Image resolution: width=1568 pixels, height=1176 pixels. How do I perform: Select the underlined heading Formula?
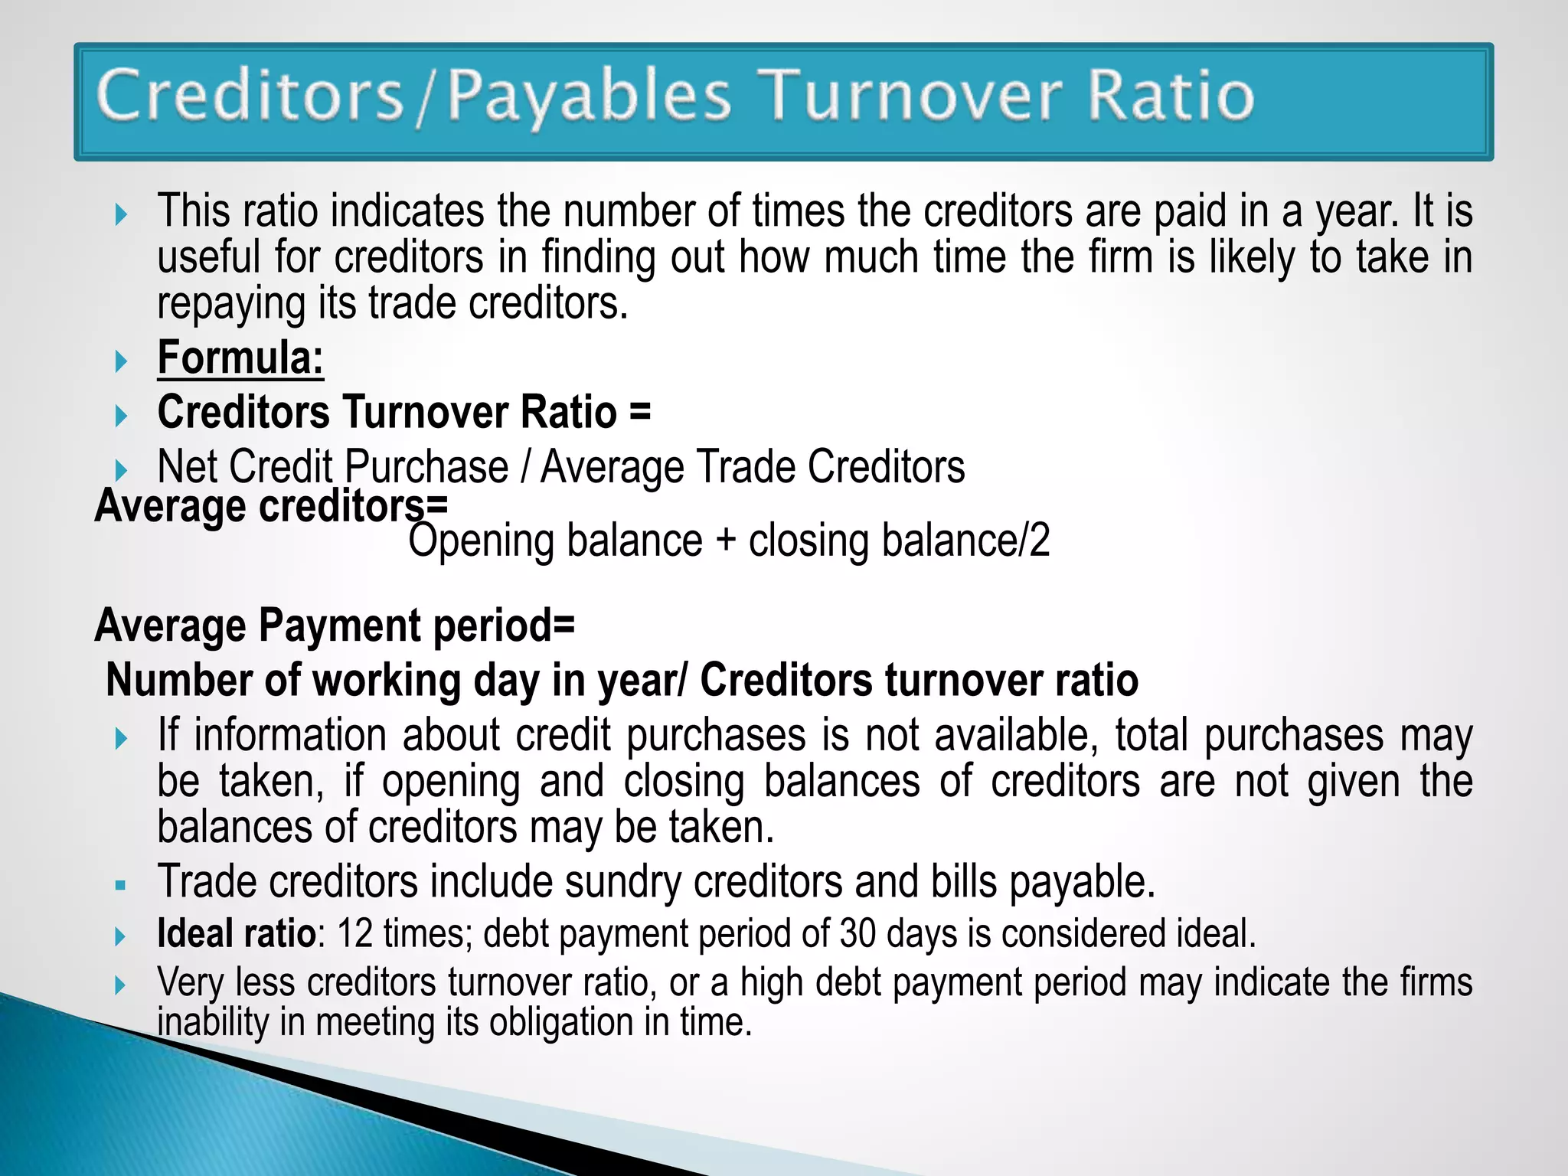(x=240, y=358)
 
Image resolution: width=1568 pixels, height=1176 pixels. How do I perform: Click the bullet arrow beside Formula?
(x=121, y=361)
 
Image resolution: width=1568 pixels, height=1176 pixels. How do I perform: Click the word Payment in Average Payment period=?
(x=339, y=626)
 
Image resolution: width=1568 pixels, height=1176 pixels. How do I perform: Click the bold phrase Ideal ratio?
(x=237, y=933)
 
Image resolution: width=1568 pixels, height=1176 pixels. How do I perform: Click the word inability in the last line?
(x=212, y=1023)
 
